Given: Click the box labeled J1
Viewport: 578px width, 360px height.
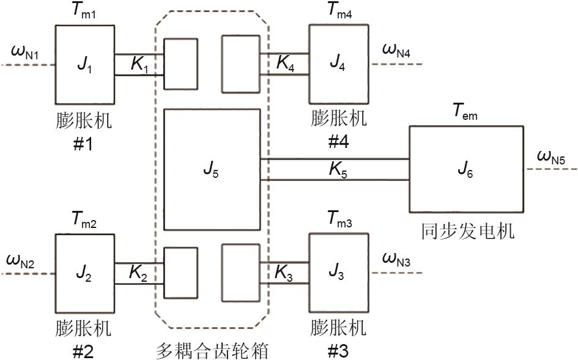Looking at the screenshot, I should click(x=85, y=64).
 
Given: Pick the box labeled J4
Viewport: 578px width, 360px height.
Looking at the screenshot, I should click(x=339, y=64).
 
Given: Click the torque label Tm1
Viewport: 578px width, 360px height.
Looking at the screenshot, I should click(x=86, y=12).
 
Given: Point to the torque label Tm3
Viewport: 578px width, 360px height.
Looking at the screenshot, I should click(x=340, y=219).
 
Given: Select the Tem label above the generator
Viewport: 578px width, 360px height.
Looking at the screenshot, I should click(x=465, y=112).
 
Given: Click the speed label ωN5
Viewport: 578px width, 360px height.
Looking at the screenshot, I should click(x=550, y=158).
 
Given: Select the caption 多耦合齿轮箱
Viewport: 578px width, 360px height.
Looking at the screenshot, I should click(x=212, y=351).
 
